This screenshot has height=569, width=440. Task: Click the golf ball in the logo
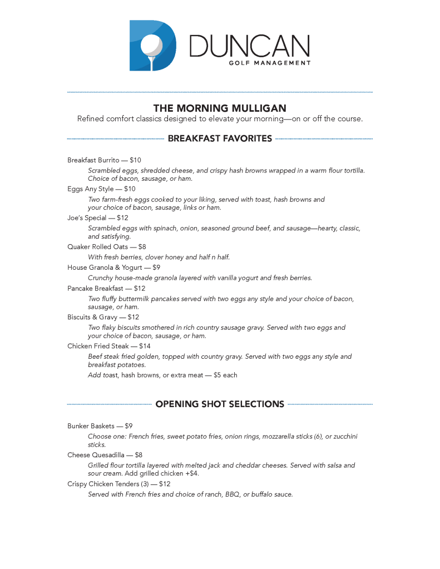click(x=152, y=44)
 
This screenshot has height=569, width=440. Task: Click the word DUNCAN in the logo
click(x=250, y=46)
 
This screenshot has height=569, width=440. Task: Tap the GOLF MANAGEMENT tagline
click(x=270, y=63)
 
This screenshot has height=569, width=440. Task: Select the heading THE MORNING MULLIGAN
click(x=220, y=108)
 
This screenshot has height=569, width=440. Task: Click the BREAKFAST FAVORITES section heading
click(x=220, y=138)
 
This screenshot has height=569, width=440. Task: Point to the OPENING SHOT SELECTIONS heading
click(x=220, y=404)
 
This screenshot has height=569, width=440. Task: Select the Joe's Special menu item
click(x=87, y=218)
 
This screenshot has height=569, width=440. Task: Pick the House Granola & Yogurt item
click(x=103, y=267)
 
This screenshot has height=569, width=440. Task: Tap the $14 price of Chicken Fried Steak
click(x=145, y=346)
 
